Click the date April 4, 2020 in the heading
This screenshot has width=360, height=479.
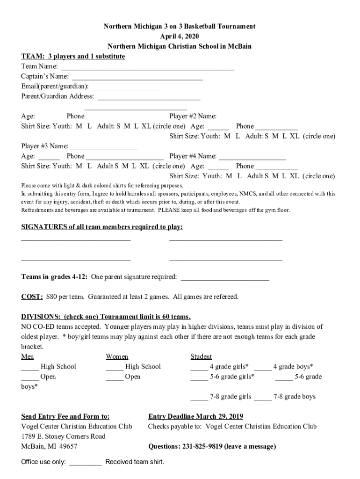[179, 36]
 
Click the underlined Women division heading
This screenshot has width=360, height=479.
[117, 356]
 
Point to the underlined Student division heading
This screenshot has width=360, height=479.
[201, 356]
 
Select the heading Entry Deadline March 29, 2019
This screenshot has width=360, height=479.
[195, 416]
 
